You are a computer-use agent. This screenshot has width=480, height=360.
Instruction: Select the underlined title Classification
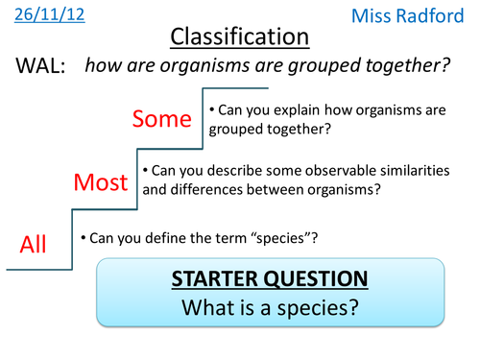240,37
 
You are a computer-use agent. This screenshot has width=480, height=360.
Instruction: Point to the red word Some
162,119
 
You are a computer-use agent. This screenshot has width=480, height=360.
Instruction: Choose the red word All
33,246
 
